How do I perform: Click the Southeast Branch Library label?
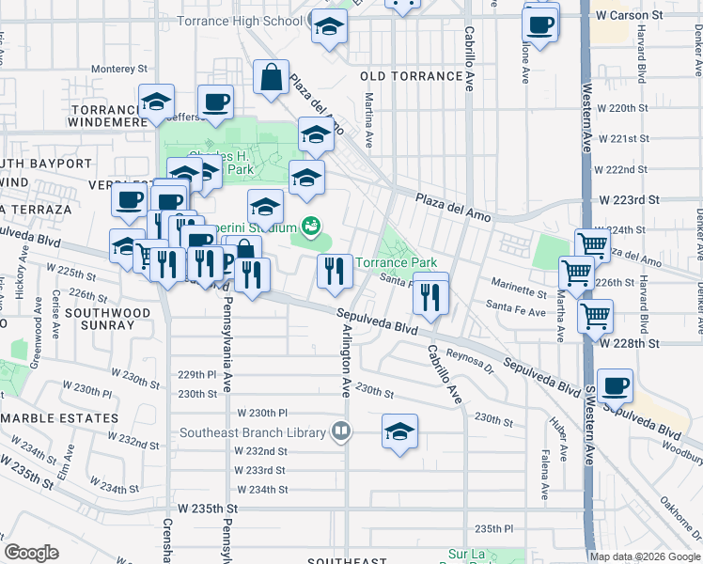click(x=254, y=432)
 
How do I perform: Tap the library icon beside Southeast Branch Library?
click(x=340, y=432)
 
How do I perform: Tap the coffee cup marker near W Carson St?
click(x=539, y=27)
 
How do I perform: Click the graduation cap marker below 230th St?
click(x=399, y=432)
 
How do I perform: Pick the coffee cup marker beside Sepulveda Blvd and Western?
click(x=615, y=386)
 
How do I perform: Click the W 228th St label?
click(x=650, y=344)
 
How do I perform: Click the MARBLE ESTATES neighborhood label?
click(x=60, y=417)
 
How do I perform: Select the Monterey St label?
click(x=119, y=69)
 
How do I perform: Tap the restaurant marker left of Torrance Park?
click(x=336, y=272)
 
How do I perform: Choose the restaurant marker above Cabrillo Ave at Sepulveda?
click(x=430, y=294)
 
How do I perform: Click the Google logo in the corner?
click(x=31, y=553)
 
